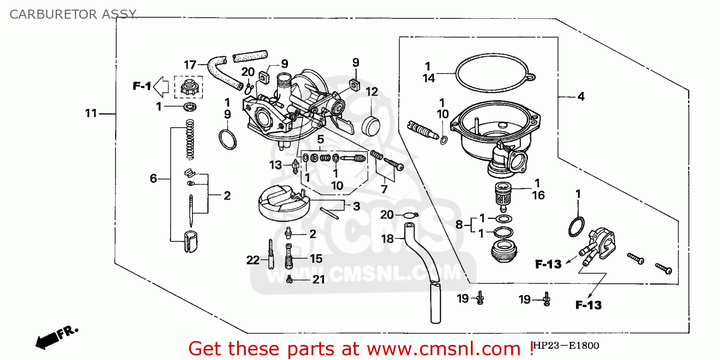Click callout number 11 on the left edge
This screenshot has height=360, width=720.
(91, 114)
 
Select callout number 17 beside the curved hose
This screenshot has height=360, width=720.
(191, 64)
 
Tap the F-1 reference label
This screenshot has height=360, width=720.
(142, 86)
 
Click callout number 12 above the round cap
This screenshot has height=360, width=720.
(372, 91)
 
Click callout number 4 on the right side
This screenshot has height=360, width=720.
(581, 96)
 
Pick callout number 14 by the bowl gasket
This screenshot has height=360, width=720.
(429, 78)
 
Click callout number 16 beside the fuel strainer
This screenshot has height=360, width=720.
(538, 195)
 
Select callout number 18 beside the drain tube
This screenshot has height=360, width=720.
(387, 239)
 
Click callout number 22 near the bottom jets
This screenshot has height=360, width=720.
(253, 261)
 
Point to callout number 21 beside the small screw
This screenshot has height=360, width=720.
(318, 280)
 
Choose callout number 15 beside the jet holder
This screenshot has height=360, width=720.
(316, 259)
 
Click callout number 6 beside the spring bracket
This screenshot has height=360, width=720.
(154, 179)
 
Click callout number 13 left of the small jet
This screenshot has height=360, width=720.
(276, 165)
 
